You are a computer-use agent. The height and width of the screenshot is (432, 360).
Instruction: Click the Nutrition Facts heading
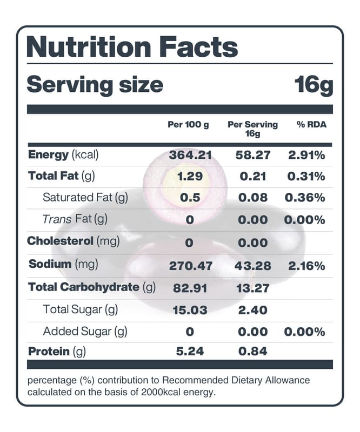coord(132,47)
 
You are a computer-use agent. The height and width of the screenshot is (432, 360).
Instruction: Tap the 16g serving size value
coord(314,85)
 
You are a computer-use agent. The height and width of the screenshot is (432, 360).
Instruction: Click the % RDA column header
coord(312,125)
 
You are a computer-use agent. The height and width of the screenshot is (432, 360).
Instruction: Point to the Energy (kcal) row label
coord(63,155)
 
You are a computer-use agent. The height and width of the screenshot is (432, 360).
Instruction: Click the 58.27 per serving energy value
coord(253,156)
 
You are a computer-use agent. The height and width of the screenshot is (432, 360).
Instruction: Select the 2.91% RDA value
coord(306,156)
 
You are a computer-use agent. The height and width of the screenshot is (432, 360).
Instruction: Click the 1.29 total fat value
coord(190,177)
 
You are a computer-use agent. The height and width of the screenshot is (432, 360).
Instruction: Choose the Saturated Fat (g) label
coord(85,198)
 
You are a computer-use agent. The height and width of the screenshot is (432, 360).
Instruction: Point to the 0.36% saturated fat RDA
coord(305,198)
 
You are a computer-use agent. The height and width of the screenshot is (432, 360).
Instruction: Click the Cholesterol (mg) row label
coord(74,241)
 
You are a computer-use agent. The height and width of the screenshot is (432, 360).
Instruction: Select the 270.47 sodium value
coord(191,266)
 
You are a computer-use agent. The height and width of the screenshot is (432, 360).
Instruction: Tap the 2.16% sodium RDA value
coord(306,266)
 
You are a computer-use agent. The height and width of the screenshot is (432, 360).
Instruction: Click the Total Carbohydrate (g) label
coord(92,287)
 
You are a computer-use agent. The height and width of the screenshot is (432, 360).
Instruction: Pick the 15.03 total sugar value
coord(190,310)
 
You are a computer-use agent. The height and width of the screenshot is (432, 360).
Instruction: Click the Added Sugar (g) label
coord(85,332)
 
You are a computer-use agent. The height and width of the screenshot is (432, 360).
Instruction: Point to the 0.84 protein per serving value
coord(253,352)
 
